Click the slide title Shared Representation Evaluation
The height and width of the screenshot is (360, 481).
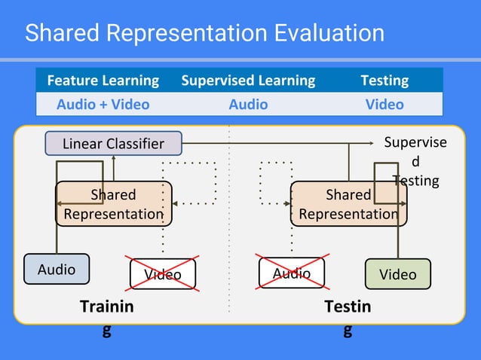point(204,33)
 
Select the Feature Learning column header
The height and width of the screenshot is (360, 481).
point(103,80)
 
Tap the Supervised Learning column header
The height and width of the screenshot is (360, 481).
point(248,80)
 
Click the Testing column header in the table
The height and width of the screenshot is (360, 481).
point(384,80)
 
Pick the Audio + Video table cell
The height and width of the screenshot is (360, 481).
point(103,104)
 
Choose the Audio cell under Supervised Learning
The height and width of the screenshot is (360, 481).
point(248,104)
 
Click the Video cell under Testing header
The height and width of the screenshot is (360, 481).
point(384,104)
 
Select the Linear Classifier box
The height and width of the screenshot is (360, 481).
point(114,143)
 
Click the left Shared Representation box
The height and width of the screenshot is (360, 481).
point(113,204)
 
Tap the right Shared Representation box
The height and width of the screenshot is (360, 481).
point(348,204)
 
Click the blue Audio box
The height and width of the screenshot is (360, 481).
point(57,270)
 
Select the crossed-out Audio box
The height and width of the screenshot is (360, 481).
point(292,273)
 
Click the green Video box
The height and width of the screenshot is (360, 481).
point(397,274)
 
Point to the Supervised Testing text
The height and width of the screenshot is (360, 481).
point(415,161)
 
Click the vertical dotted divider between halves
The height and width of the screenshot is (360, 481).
point(229,226)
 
